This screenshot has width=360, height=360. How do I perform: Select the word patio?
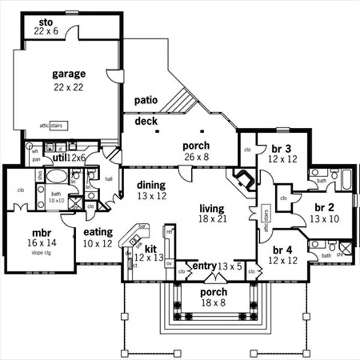[146, 100]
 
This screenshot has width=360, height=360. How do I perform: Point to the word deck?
[146, 121]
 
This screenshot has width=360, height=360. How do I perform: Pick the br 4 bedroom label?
[281, 255]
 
